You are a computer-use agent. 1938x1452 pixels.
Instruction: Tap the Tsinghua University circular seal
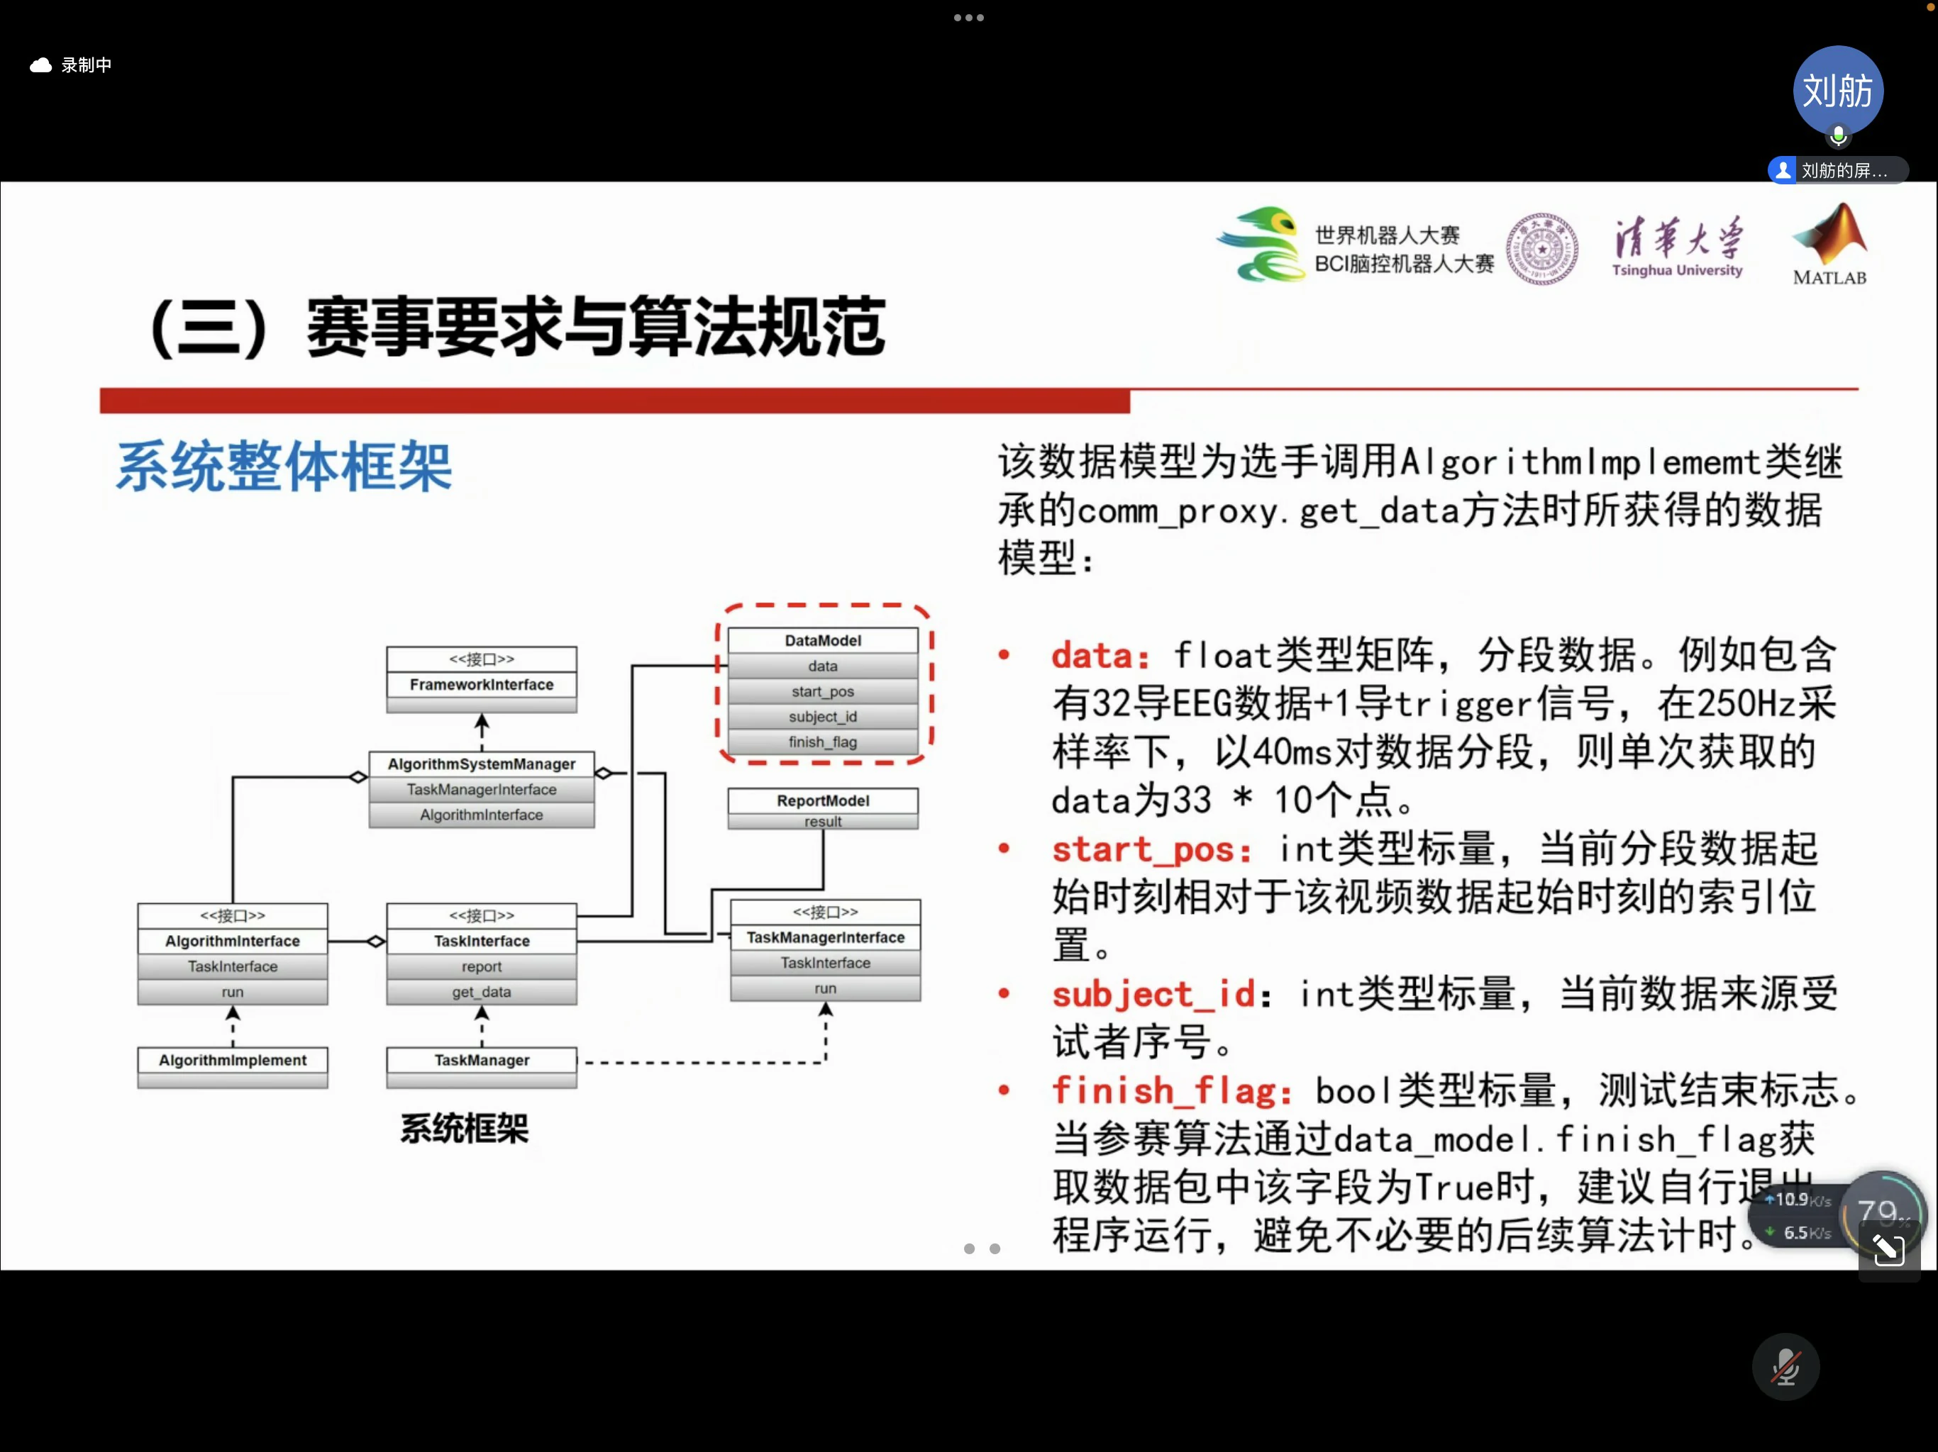pyautogui.click(x=1542, y=249)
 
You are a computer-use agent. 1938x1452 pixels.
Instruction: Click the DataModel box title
pyautogui.click(x=823, y=641)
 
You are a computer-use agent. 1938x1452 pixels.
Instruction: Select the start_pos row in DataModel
pyautogui.click(x=823, y=692)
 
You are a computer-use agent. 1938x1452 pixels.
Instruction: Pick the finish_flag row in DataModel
pyautogui.click(x=823, y=742)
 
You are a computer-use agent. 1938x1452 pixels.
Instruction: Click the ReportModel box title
pyautogui.click(x=823, y=800)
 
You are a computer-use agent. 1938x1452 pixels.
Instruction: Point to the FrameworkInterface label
pyautogui.click(x=481, y=685)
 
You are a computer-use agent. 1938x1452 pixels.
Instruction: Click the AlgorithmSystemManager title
pyautogui.click(x=481, y=764)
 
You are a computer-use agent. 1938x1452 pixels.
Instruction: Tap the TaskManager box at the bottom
pyautogui.click(x=481, y=1061)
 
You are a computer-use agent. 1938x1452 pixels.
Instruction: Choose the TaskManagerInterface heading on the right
pyautogui.click(x=825, y=938)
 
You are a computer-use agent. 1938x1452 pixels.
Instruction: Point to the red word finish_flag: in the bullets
pyautogui.click(x=1171, y=1091)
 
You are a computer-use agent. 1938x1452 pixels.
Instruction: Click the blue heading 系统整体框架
pyautogui.click(x=284, y=467)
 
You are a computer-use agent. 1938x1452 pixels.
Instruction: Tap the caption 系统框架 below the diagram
pyautogui.click(x=465, y=1129)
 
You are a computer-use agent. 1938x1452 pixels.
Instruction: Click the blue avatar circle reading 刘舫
pyautogui.click(x=1837, y=91)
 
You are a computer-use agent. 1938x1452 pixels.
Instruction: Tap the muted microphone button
pyautogui.click(x=1785, y=1367)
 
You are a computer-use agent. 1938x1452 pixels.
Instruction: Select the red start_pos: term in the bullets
pyautogui.click(x=1151, y=850)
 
